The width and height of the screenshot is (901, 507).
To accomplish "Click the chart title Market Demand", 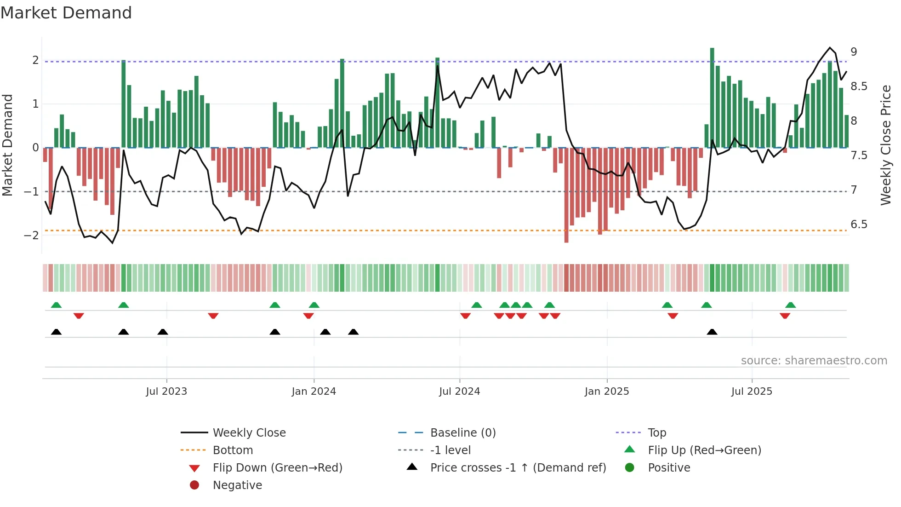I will [66, 13].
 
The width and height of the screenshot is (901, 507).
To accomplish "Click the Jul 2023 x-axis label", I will [166, 392].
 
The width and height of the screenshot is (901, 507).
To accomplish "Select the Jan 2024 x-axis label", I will [314, 392].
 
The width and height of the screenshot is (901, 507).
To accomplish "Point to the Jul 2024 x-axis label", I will [459, 392].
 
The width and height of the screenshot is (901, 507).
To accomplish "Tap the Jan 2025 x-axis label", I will [607, 392].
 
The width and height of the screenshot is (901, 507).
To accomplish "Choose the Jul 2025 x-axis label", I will [752, 392].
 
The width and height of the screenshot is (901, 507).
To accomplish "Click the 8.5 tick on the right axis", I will [858, 86].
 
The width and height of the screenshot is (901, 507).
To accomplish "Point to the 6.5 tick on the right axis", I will [858, 225].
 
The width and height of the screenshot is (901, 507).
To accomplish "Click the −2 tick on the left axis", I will [31, 236].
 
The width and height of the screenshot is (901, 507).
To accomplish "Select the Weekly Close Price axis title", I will [885, 145].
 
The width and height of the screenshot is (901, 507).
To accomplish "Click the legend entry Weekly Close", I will [249, 433].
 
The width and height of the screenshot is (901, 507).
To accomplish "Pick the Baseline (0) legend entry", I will [462, 433].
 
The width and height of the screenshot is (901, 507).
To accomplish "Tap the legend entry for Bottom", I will [233, 450].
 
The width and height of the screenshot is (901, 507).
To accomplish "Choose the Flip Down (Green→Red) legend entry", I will [277, 468].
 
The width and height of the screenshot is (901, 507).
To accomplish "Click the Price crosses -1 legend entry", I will [518, 468].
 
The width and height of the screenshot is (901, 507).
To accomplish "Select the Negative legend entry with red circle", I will [237, 485].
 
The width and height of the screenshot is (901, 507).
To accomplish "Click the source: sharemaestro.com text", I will [814, 361].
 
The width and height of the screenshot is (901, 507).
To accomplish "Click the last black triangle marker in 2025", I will [712, 332].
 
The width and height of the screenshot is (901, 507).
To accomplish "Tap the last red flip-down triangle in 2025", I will [785, 316].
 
